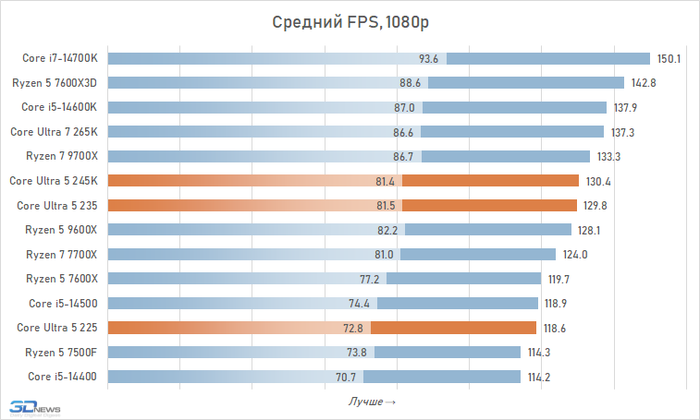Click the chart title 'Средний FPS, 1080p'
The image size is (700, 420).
(350, 22)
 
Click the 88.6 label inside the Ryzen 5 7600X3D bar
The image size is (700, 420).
(411, 83)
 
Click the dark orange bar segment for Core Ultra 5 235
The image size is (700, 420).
(489, 205)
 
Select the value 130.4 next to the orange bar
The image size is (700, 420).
(597, 181)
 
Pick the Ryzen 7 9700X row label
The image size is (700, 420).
(61, 156)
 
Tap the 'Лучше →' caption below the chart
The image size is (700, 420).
(373, 402)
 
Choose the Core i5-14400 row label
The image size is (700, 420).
(62, 377)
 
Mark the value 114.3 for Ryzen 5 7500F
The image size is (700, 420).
(540, 352)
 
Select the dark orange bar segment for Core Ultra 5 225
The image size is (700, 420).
(453, 328)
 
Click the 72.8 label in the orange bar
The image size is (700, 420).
(354, 328)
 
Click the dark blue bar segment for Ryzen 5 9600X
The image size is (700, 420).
(487, 230)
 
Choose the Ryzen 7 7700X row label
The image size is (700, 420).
(61, 254)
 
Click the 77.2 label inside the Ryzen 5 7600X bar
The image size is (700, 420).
(370, 279)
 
